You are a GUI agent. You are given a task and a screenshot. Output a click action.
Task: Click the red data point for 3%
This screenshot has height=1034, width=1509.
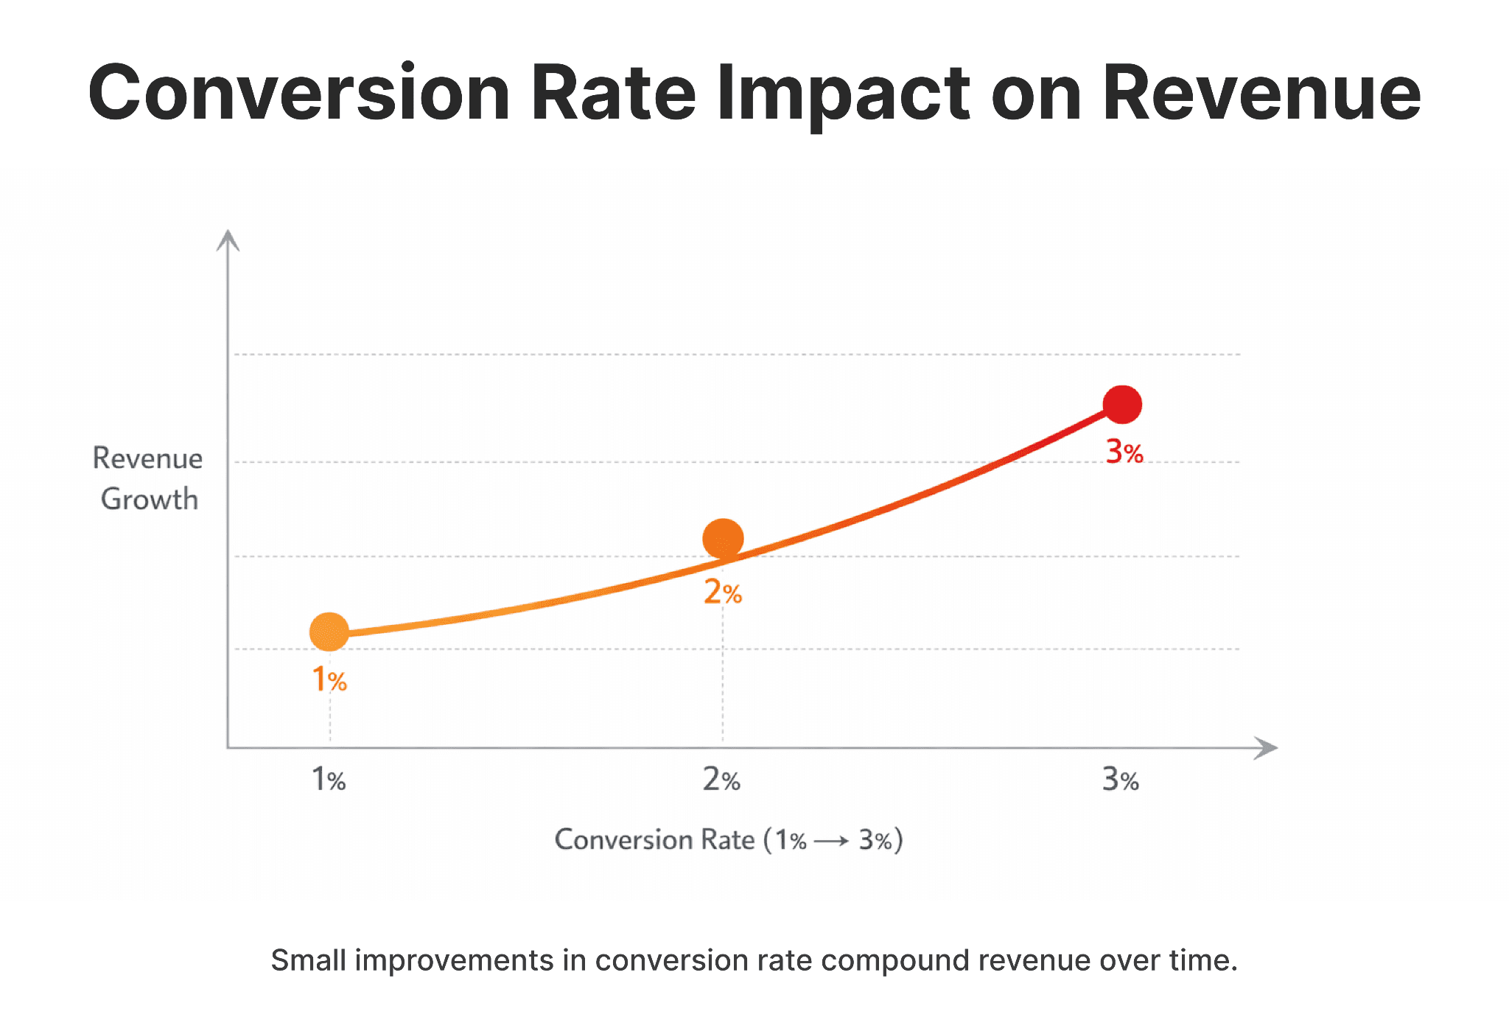pyautogui.click(x=1121, y=405)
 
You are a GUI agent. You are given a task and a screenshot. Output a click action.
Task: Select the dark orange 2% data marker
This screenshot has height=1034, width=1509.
pyautogui.click(x=723, y=538)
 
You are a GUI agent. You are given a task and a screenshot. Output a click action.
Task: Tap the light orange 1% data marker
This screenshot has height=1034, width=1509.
pyautogui.click(x=329, y=632)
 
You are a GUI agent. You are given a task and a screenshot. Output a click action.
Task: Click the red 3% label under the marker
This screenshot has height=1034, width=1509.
pyautogui.click(x=1124, y=452)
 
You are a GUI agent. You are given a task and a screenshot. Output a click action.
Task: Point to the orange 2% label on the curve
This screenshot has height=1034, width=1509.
pyautogui.click(x=722, y=592)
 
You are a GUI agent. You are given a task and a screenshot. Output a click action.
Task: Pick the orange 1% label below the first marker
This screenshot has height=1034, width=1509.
pyautogui.click(x=329, y=680)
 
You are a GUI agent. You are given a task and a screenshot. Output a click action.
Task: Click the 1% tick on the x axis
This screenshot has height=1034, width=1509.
pyautogui.click(x=329, y=779)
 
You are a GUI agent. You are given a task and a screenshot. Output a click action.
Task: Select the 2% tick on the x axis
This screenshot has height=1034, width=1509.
pyautogui.click(x=721, y=779)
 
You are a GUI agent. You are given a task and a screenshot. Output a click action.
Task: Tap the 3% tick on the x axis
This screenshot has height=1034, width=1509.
pyautogui.click(x=1120, y=779)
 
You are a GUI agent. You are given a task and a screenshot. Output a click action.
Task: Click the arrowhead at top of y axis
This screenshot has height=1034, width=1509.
pyautogui.click(x=228, y=240)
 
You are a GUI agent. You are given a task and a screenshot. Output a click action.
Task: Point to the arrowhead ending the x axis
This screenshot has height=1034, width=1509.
pyautogui.click(x=1267, y=748)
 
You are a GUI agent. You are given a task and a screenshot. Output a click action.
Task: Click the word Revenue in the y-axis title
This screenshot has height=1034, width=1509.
pyautogui.click(x=147, y=458)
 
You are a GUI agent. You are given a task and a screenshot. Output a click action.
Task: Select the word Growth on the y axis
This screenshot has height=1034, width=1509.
pyautogui.click(x=150, y=499)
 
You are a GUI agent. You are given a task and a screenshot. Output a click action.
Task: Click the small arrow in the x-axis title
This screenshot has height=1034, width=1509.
pyautogui.click(x=832, y=841)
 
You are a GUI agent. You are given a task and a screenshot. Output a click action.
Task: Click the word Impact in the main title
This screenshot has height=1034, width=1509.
pyautogui.click(x=843, y=94)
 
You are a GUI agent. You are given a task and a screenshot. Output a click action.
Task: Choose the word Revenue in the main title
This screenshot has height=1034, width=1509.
pyautogui.click(x=1261, y=94)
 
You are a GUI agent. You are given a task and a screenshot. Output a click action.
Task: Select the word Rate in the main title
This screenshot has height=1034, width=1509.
pyautogui.click(x=613, y=94)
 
